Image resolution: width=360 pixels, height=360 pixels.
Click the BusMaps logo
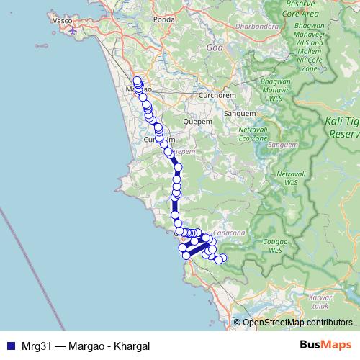(x=325, y=346)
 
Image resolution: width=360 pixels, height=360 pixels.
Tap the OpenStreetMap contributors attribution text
(x=297, y=323)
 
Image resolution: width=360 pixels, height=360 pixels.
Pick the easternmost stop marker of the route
(x=222, y=258)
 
